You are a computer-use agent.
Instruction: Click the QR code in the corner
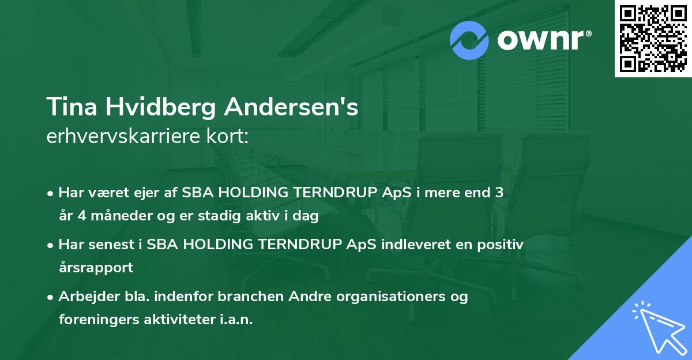pos(653,39)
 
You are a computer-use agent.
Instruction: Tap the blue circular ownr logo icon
pos(469,40)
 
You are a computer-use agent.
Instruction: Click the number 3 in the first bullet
pos(499,193)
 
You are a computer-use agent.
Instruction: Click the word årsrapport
pos(96,268)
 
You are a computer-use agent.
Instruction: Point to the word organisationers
pos(379,297)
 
